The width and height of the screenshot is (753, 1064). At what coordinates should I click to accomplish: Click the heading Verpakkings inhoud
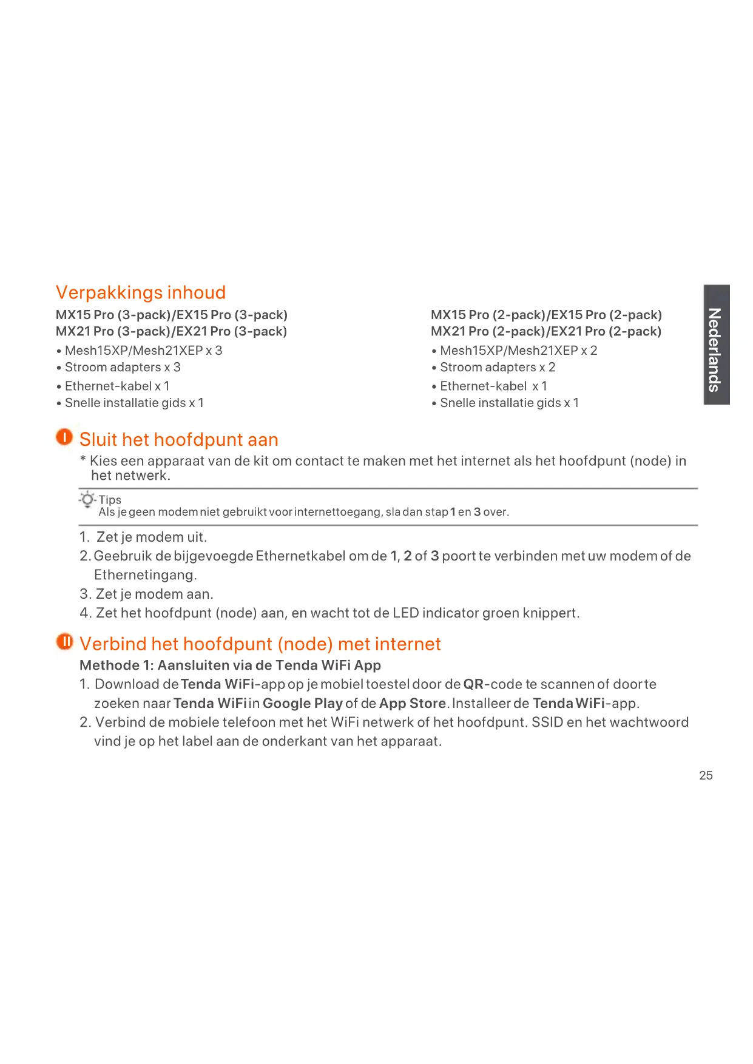coord(141,292)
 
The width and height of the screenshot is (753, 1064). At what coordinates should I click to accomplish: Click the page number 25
coord(706,775)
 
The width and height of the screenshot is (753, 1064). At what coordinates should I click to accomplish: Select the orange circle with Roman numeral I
coord(64,437)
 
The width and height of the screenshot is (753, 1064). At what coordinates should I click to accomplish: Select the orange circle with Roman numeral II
coord(64,641)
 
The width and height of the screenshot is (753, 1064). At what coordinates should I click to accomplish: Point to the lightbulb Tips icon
coord(88,500)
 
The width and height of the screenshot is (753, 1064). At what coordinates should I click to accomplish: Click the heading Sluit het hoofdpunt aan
coord(178,439)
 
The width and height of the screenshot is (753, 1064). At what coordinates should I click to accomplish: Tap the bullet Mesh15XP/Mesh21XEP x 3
coord(143,351)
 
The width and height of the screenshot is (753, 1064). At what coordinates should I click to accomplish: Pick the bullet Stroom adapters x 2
coord(497,368)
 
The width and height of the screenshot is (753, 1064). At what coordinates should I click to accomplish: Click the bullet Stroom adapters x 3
coord(122,368)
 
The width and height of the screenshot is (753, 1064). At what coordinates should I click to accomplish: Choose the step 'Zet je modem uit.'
coord(151,537)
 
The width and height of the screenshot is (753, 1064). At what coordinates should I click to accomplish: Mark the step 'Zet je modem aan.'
coord(154,594)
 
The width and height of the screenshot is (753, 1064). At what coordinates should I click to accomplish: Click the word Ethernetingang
coord(145,574)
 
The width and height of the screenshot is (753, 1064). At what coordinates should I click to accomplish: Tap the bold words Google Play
coord(302,703)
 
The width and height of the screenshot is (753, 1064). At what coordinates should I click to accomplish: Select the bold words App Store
coord(412,703)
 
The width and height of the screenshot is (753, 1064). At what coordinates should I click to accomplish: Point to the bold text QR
coord(473,684)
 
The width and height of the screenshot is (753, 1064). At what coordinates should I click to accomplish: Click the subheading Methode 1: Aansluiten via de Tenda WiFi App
coord(230,665)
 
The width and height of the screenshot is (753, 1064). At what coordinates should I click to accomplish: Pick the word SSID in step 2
coord(547,722)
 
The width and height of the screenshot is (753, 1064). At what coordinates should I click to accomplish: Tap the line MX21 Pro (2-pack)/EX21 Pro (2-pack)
coord(545,331)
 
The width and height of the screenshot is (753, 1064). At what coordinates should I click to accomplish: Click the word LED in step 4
coord(405,613)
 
